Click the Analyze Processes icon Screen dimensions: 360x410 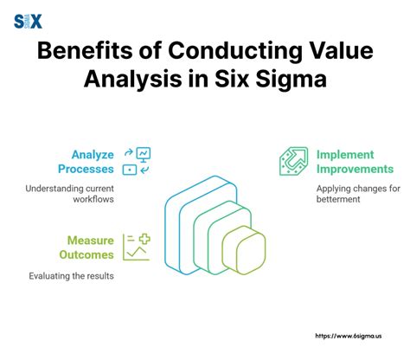137,161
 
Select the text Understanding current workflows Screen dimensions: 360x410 71,194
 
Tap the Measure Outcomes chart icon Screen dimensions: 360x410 136,247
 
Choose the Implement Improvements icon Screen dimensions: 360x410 292,161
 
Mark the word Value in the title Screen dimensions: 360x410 336,54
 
